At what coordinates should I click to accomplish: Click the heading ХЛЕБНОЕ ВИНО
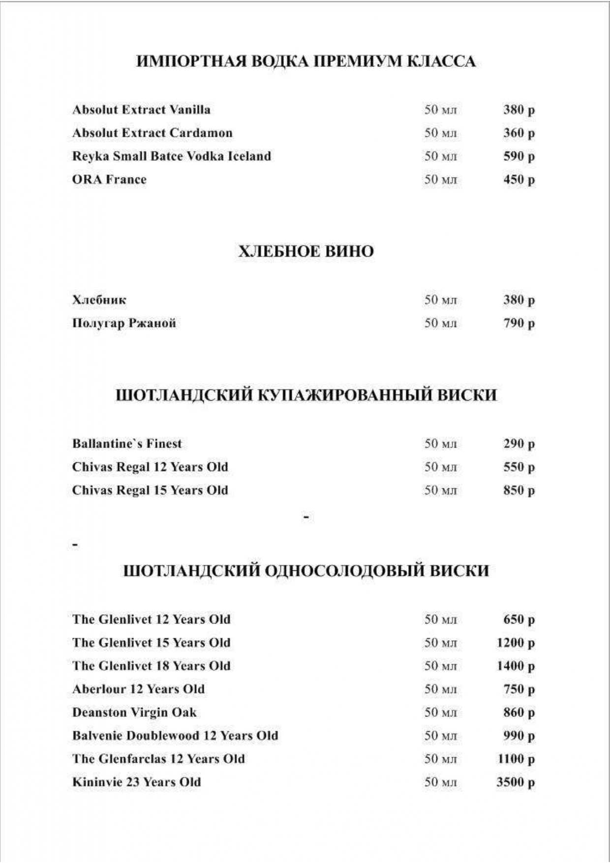point(306,251)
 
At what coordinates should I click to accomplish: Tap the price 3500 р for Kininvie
point(515,782)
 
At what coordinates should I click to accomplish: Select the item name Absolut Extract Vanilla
point(141,109)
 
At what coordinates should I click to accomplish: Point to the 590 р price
point(518,156)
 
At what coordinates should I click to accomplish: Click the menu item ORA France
point(109,179)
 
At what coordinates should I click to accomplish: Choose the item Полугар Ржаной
point(124,323)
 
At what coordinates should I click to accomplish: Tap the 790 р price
point(518,323)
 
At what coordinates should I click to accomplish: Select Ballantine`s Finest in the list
point(127,444)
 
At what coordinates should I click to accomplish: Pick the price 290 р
point(518,444)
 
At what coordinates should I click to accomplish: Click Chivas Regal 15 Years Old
point(150,490)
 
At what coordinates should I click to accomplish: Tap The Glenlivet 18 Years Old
point(151,666)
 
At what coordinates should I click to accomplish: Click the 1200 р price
point(515,643)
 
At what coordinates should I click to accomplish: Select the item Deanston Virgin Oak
point(134,713)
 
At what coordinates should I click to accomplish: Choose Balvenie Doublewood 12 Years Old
point(175,736)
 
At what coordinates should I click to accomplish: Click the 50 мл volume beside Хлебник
point(441,300)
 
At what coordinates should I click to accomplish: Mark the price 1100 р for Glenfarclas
point(516,759)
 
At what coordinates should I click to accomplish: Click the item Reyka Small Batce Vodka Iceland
point(172,156)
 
